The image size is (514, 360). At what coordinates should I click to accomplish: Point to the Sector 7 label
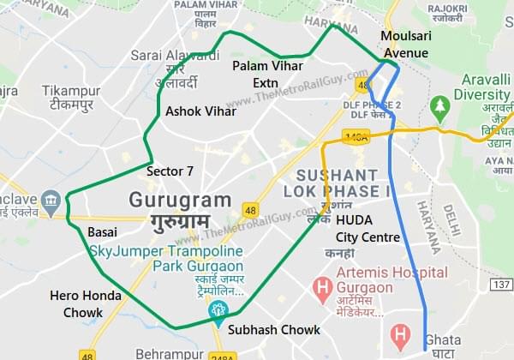coord(170,171)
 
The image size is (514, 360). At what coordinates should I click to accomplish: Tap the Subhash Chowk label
coord(274,329)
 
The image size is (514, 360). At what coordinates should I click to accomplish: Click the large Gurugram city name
coord(180,201)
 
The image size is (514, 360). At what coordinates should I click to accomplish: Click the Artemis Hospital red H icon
coord(322,284)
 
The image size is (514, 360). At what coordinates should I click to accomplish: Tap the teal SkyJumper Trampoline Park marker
coord(218,309)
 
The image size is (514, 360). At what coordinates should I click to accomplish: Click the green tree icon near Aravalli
coord(440,106)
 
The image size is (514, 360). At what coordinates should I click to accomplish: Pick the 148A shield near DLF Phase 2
coord(355,135)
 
